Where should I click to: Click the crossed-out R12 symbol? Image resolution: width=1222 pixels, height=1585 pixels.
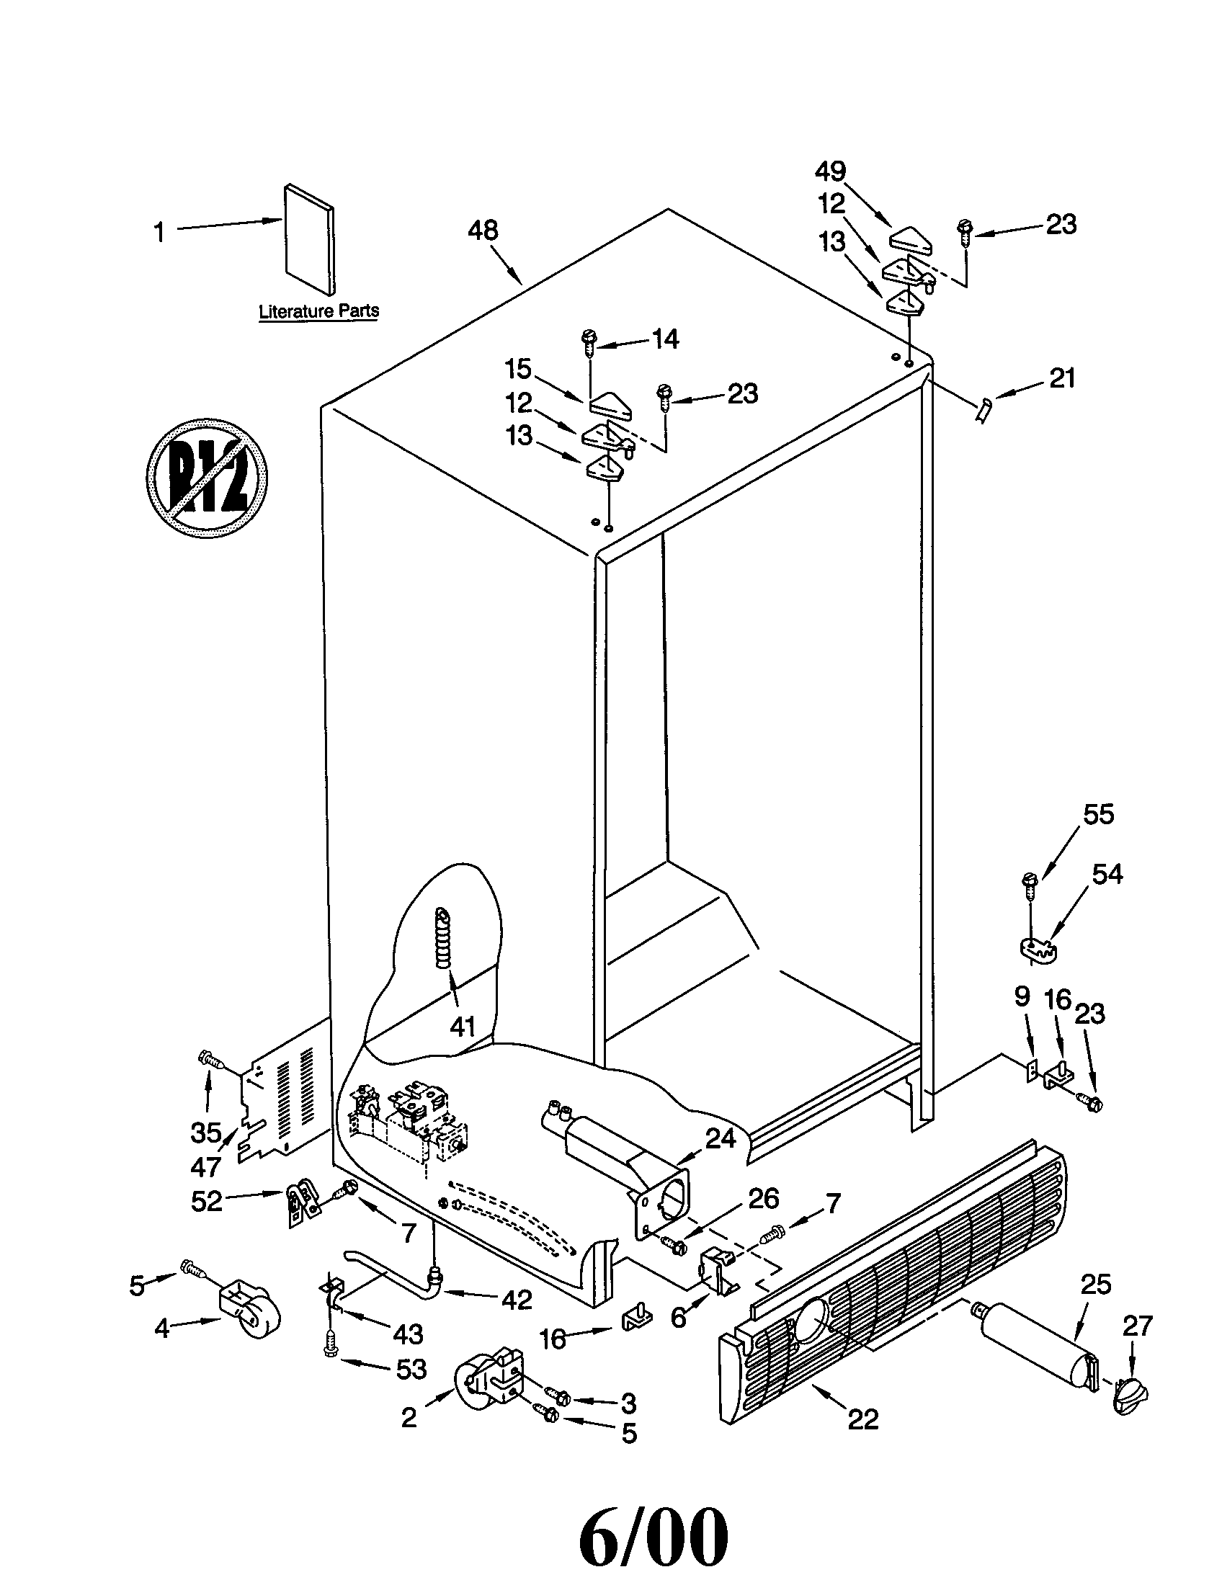(207, 478)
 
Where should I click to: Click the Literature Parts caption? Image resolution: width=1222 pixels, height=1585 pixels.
(318, 311)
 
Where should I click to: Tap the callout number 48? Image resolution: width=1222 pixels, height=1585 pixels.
(483, 231)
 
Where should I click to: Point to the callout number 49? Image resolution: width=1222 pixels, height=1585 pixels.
(830, 171)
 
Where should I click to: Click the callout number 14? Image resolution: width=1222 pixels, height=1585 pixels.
(666, 339)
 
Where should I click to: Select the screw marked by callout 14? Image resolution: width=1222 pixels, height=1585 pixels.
(589, 341)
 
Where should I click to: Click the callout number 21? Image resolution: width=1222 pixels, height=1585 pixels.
(1062, 378)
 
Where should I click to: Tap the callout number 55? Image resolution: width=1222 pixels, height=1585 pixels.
(1098, 814)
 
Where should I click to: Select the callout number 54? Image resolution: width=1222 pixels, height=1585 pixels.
(1107, 874)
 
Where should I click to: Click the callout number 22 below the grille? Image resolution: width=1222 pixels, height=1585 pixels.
(862, 1419)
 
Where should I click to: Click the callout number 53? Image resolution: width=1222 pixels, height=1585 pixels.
(411, 1369)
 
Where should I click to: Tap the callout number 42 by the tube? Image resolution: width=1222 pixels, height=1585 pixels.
(517, 1299)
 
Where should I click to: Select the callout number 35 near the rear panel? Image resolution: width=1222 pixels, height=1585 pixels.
(206, 1131)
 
